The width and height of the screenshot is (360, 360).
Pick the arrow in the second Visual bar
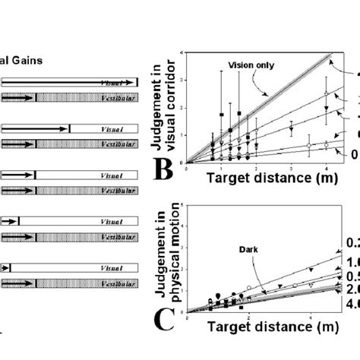[34, 128]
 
